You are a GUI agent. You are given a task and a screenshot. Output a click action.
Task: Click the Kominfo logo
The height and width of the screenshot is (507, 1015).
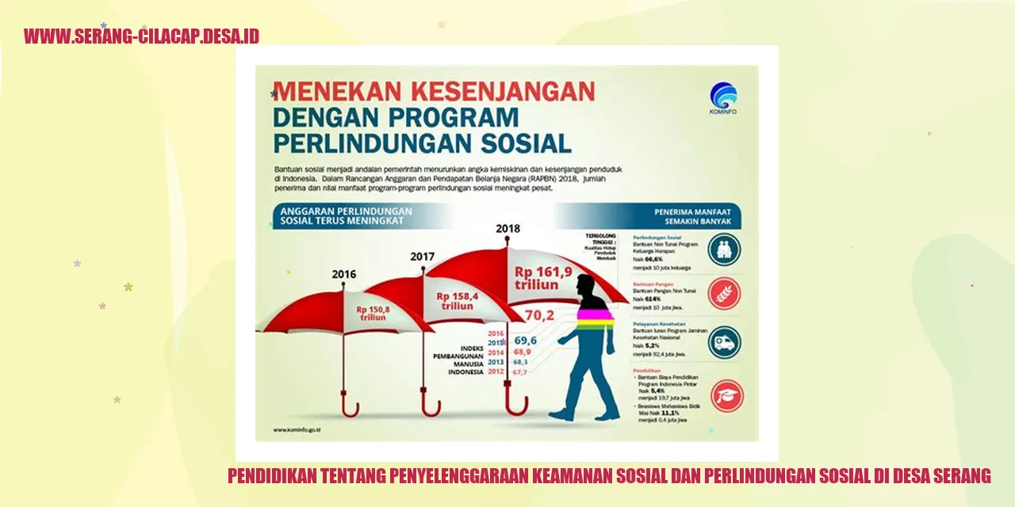click(x=723, y=97)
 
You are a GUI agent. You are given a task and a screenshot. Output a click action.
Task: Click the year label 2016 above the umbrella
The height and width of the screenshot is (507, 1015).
click(x=344, y=274)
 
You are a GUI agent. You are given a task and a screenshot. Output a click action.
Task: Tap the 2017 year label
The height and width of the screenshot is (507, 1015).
click(x=423, y=256)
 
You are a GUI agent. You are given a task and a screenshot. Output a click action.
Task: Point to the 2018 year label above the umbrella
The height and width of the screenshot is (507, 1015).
click(x=508, y=229)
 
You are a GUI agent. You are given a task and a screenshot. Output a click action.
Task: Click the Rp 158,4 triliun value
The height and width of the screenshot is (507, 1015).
click(x=454, y=300)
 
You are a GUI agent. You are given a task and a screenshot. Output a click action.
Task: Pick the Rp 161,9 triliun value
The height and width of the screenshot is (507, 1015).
click(x=542, y=278)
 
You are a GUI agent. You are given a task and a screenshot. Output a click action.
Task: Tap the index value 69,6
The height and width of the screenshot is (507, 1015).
click(x=525, y=339)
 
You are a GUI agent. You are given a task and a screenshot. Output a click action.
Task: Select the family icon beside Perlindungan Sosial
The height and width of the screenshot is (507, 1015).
click(x=724, y=249)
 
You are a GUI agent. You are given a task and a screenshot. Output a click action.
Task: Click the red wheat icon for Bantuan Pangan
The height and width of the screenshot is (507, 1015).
click(x=724, y=293)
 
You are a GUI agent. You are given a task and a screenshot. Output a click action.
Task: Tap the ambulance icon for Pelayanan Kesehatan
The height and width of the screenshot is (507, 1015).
click(x=724, y=342)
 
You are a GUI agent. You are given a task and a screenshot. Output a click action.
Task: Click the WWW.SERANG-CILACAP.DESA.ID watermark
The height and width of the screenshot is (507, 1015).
click(x=141, y=36)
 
